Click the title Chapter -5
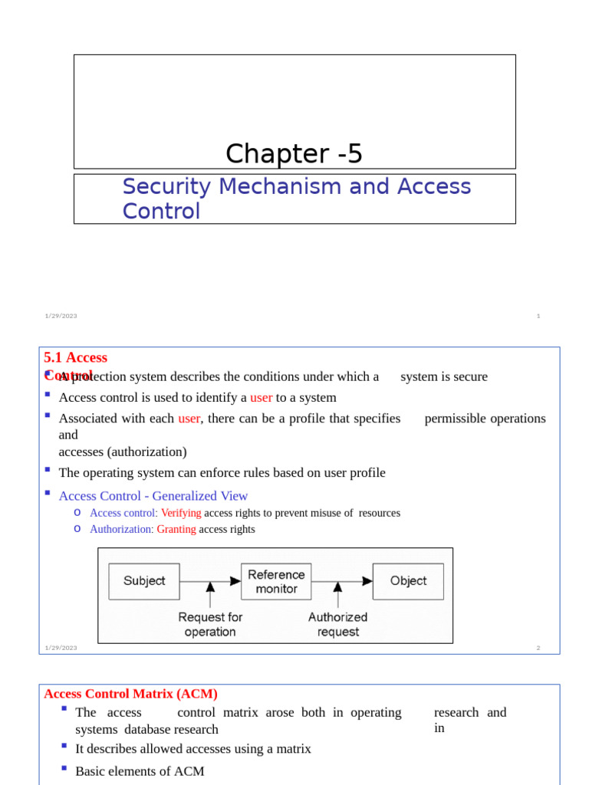click(x=294, y=154)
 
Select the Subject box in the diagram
click(x=144, y=581)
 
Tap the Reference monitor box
click(x=276, y=581)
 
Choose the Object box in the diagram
click(x=408, y=581)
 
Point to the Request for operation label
click(x=210, y=624)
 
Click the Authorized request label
click(x=337, y=624)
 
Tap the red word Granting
click(x=176, y=529)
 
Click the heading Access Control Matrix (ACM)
click(x=131, y=694)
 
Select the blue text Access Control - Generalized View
click(x=153, y=496)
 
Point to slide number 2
click(x=538, y=648)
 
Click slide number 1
click(x=538, y=316)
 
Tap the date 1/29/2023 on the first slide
click(x=61, y=316)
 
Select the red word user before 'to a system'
click(x=261, y=397)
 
